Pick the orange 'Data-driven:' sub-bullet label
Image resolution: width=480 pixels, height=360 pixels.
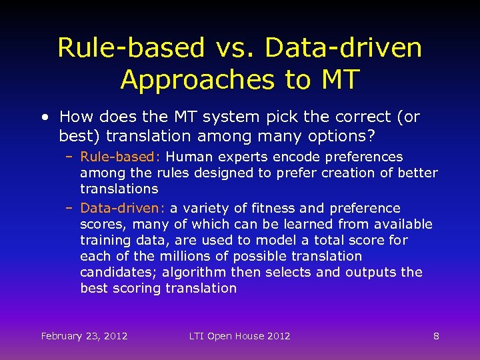[123, 208]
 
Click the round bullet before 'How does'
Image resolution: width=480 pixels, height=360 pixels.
[44, 117]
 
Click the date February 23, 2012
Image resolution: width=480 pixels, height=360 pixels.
[84, 335]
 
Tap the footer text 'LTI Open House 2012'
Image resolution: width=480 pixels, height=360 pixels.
[239, 335]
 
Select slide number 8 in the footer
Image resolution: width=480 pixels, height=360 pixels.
[436, 335]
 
